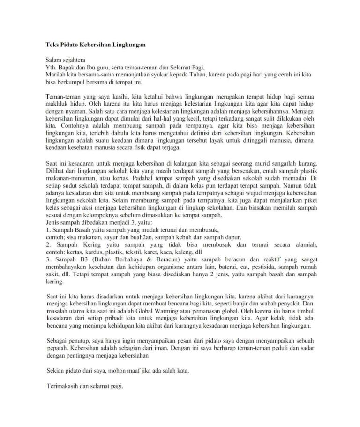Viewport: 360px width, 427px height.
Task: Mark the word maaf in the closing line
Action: pyautogui.click(x=151, y=371)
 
